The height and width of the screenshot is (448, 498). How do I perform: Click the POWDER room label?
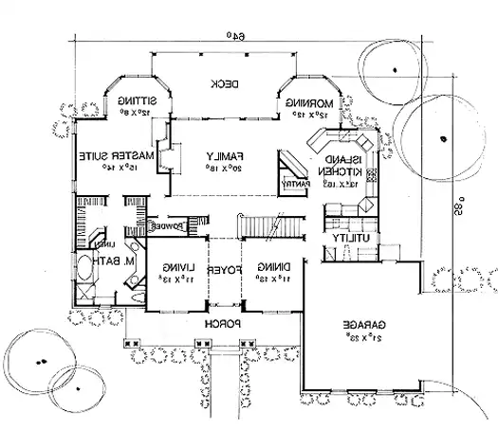(170, 225)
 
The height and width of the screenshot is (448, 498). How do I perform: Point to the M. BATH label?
(104, 261)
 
